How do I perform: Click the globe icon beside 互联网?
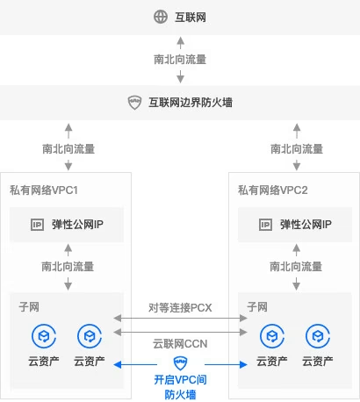pos(161,17)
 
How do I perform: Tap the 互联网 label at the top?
pos(191,17)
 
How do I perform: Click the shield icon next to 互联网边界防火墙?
pos(134,103)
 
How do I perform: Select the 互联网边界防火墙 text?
pos(191,103)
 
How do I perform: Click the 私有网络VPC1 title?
pos(44,190)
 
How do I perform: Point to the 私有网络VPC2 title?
pos(273,190)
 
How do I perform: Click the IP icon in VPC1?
pos(38,225)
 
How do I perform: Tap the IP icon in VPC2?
pos(265,225)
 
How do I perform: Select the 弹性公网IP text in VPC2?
pos(306,225)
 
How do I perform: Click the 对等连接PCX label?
pos(180,307)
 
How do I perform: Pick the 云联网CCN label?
pos(180,343)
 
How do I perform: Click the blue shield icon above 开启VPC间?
pos(181,363)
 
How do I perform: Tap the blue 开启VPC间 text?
pos(180,380)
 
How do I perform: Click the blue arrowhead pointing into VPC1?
pos(118,364)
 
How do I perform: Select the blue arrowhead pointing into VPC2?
pos(243,364)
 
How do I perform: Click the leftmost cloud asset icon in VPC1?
pos(44,336)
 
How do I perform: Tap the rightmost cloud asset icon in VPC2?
pos(318,336)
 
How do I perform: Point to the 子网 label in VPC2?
pos(257,307)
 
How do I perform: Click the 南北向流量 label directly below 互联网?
pos(180,60)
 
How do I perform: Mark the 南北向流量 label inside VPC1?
pos(68,267)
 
